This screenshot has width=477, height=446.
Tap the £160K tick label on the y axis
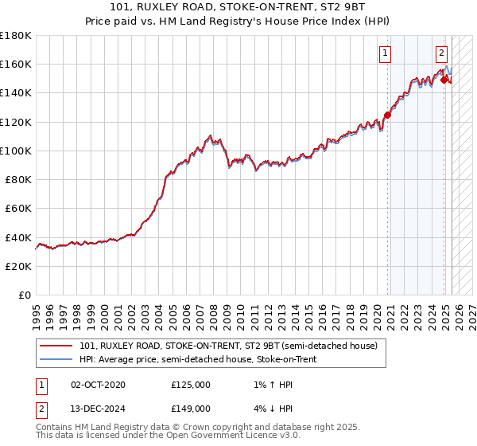pyautogui.click(x=17, y=64)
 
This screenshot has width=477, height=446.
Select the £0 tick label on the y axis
pyautogui.click(x=24, y=295)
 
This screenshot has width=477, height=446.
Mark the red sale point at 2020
pyautogui.click(x=387, y=115)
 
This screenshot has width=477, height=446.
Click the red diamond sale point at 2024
pyautogui.click(x=444, y=80)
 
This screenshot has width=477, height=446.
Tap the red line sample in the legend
pyautogui.click(x=57, y=346)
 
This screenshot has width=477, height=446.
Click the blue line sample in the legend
pyautogui.click(x=57, y=359)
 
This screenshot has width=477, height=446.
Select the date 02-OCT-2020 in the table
pyautogui.click(x=98, y=385)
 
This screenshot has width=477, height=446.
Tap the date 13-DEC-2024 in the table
pyautogui.click(x=98, y=409)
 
